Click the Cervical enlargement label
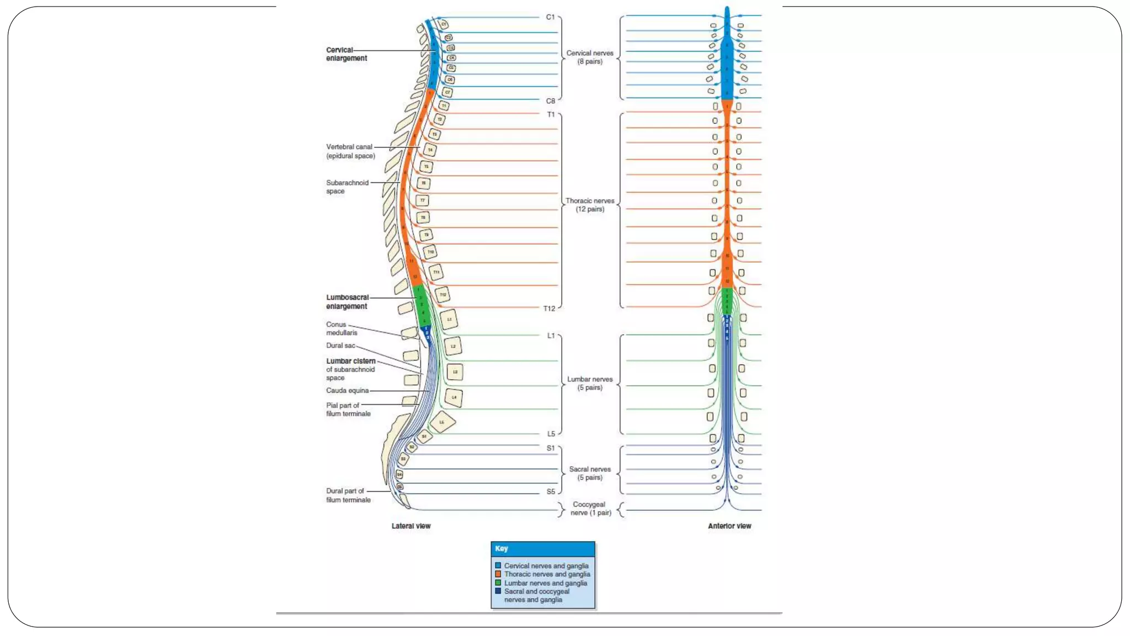346,54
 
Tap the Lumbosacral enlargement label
347,302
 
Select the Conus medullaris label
341,328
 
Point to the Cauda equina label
347,390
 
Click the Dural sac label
340,346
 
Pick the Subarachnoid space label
347,187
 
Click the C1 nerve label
550,17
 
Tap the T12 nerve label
549,309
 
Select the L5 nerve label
551,434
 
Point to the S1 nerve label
550,448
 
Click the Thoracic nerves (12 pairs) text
589,205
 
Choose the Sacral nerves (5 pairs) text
589,473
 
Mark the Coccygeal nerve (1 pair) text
590,508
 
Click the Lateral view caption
411,526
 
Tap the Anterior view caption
729,526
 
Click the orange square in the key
498,574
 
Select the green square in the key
498,582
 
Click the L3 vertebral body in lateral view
455,372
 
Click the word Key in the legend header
501,549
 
